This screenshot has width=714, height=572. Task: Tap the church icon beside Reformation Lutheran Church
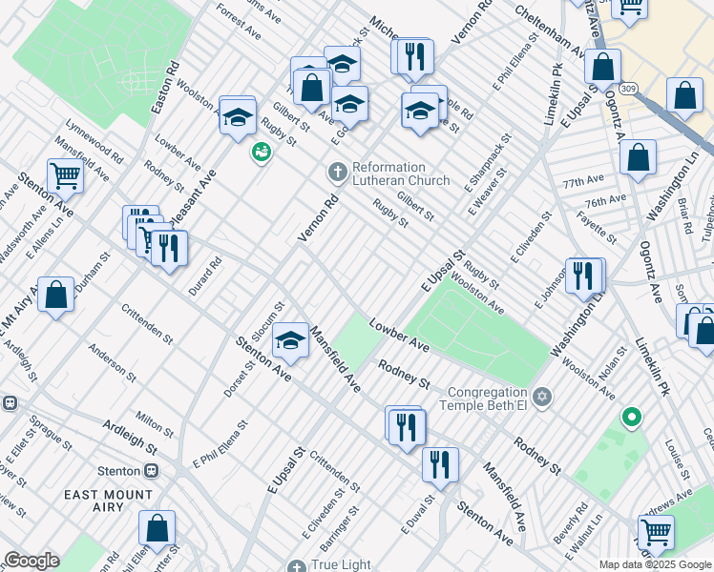pyautogui.click(x=336, y=173)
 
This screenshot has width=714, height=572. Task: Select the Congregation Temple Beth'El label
pyautogui.click(x=474, y=398)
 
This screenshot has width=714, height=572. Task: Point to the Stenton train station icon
pyautogui.click(x=151, y=471)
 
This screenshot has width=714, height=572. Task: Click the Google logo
pyautogui.click(x=31, y=561)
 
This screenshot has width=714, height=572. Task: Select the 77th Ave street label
pyautogui.click(x=583, y=180)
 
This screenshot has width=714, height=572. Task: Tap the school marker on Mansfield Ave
pyautogui.click(x=291, y=341)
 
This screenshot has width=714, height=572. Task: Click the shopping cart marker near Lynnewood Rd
pyautogui.click(x=65, y=174)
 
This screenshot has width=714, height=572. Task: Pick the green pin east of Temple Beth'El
pyautogui.click(x=630, y=418)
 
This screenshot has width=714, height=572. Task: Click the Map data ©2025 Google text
pyautogui.click(x=655, y=563)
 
